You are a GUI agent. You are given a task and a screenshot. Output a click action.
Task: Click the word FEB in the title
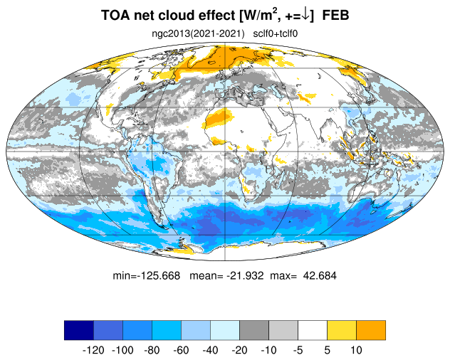pyautogui.click(x=335, y=15)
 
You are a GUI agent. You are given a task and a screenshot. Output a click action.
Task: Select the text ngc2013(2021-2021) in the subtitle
pyautogui.click(x=198, y=34)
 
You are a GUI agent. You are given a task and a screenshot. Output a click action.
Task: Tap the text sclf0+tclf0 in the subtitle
pyautogui.click(x=276, y=34)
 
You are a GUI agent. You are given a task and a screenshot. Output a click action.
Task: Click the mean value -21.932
pyautogui.click(x=245, y=275)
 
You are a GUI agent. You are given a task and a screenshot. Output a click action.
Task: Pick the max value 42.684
pyautogui.click(x=320, y=275)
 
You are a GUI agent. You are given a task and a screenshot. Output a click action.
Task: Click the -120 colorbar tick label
pyautogui.click(x=93, y=350)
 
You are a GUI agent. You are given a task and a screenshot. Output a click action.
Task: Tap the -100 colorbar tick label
pyautogui.click(x=122, y=350)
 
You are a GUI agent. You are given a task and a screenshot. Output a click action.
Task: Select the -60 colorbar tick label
pyautogui.click(x=181, y=350)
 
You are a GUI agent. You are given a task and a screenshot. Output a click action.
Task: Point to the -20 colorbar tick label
pyautogui.click(x=240, y=350)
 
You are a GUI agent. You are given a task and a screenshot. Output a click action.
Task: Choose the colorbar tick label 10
pyautogui.click(x=356, y=350)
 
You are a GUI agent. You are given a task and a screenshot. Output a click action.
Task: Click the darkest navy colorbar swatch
pyautogui.click(x=79, y=330)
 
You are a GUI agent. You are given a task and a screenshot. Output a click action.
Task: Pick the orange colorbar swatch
pyautogui.click(x=371, y=330)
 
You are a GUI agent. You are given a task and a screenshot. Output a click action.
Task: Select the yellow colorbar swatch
pyautogui.click(x=342, y=330)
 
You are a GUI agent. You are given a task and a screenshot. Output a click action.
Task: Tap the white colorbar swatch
pyautogui.click(x=313, y=330)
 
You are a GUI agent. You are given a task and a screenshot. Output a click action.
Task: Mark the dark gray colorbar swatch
pyautogui.click(x=254, y=330)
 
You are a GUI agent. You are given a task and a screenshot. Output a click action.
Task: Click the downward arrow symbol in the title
pyautogui.click(x=306, y=15)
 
